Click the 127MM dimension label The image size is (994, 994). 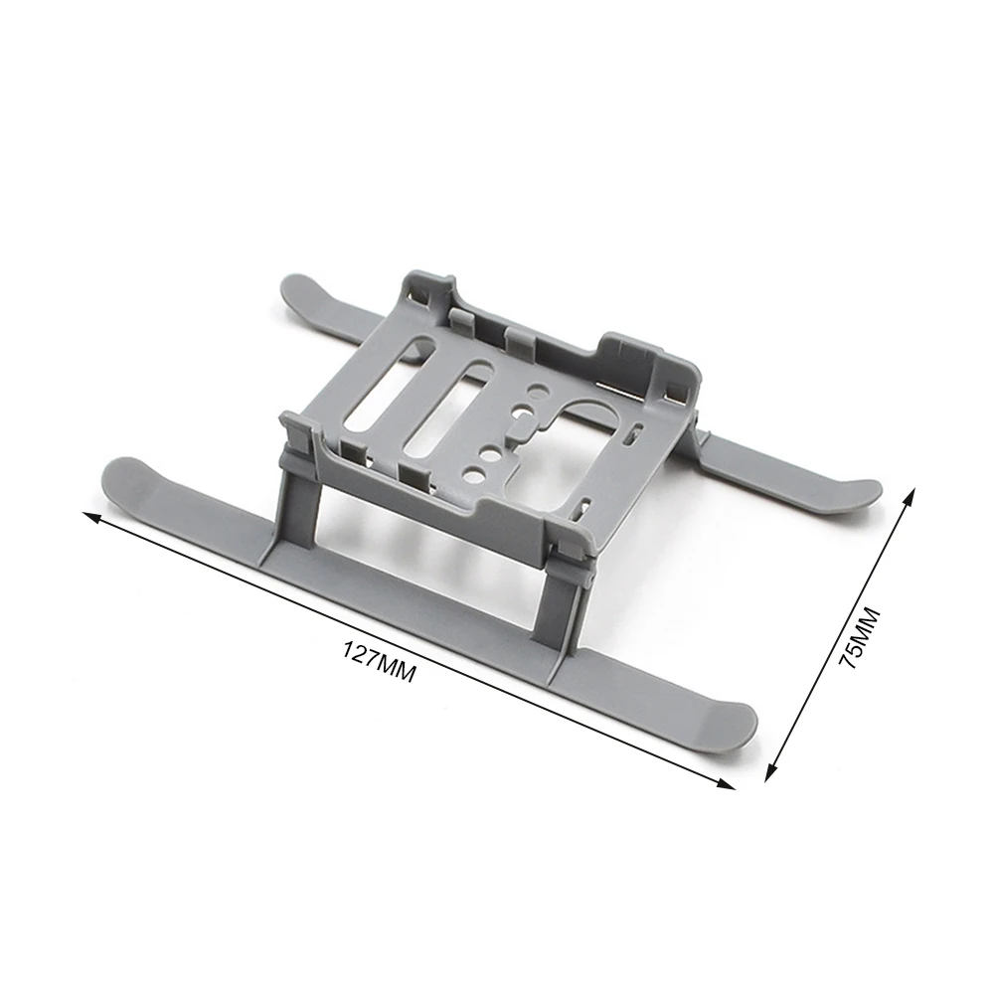point(379,661)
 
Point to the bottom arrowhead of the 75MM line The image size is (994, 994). point(771,769)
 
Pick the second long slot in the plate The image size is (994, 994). point(447,413)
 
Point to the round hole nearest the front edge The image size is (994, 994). point(490,458)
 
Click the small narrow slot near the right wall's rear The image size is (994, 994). point(630,435)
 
